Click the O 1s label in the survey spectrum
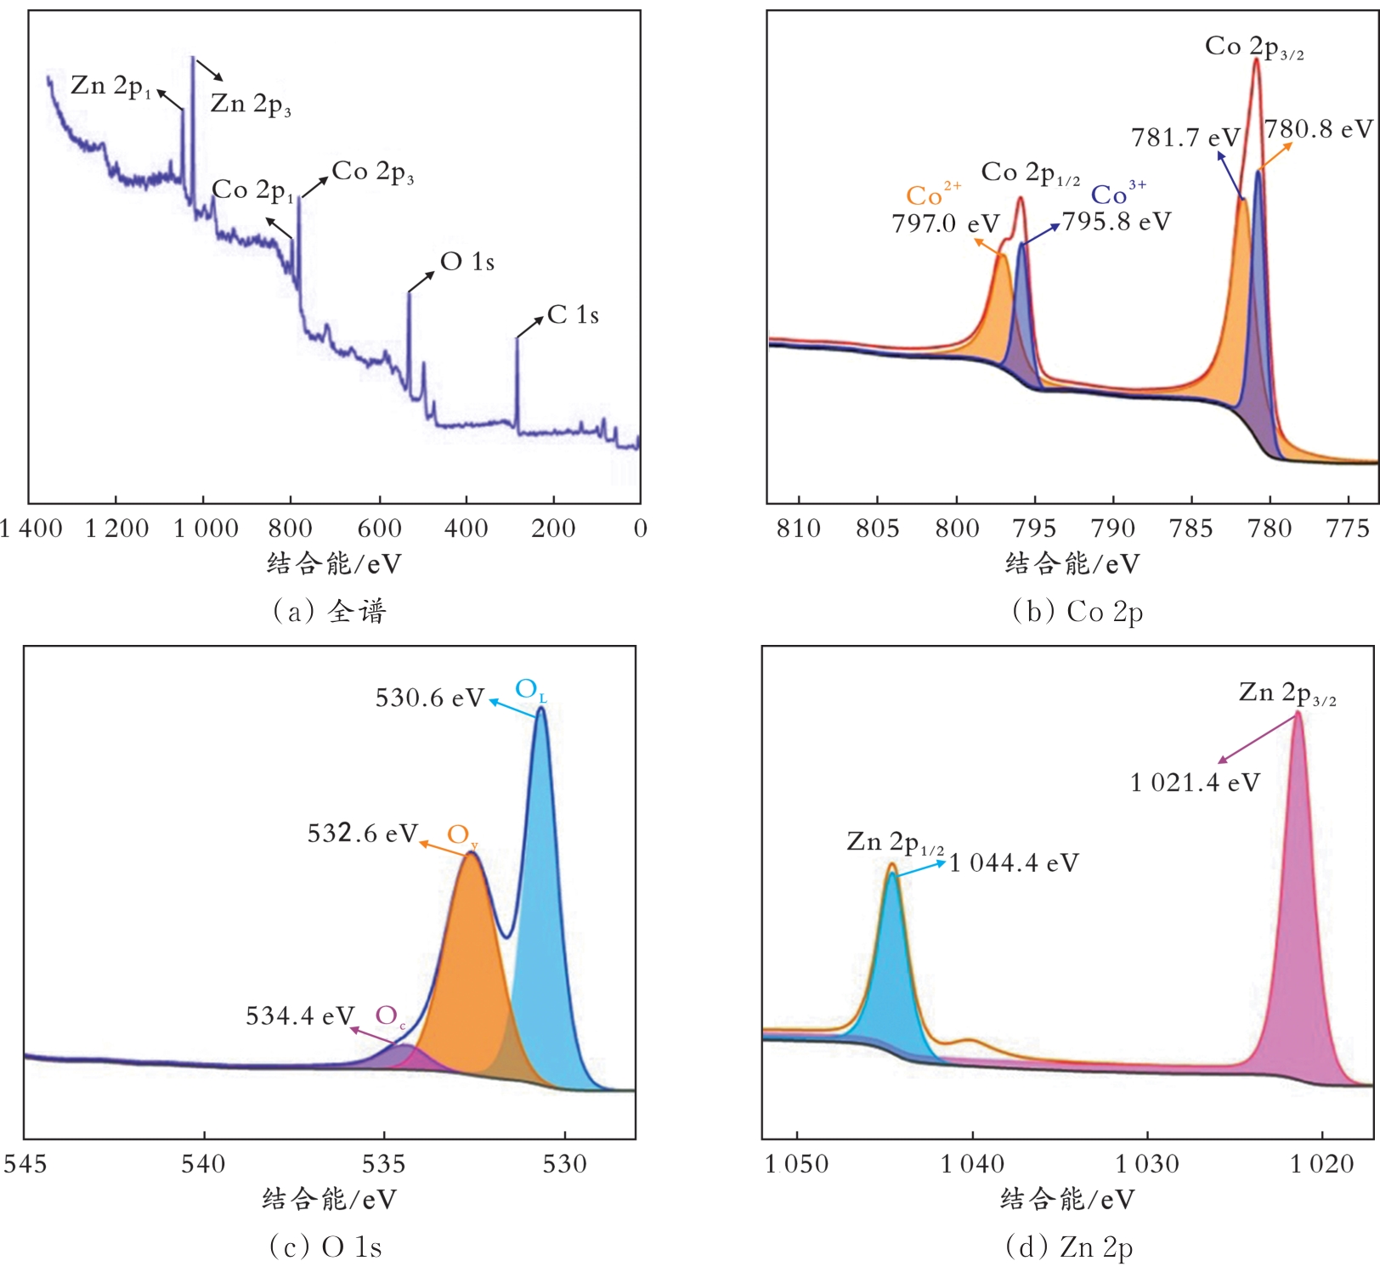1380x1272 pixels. click(x=467, y=262)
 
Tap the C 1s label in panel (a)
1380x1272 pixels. click(x=573, y=315)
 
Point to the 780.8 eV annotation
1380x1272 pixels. click(x=1318, y=129)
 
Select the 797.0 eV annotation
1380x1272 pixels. click(x=945, y=223)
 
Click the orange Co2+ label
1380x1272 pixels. click(x=932, y=195)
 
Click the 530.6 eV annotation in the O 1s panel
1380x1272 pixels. click(x=429, y=698)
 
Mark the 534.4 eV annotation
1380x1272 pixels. click(x=300, y=1016)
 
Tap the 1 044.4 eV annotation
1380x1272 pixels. click(x=1014, y=863)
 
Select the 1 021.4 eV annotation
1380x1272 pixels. click(x=1195, y=783)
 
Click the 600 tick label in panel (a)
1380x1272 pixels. click(x=379, y=529)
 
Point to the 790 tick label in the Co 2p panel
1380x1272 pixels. click(x=1112, y=529)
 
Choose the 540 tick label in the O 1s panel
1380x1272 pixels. click(x=204, y=1163)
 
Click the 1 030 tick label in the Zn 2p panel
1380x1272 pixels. click(x=1147, y=1163)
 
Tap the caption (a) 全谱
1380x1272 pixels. click(x=330, y=611)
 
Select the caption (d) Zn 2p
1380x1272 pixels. click(x=1069, y=1247)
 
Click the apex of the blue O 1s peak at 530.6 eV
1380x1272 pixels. click(x=540, y=709)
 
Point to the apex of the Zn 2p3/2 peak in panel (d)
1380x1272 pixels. click(x=1298, y=713)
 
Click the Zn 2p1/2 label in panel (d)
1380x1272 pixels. click(x=895, y=842)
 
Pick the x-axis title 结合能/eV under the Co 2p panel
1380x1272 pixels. click(x=1072, y=563)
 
